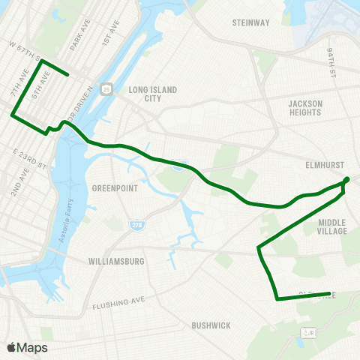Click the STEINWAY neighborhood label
click(x=251, y=22)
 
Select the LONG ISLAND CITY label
click(x=153, y=94)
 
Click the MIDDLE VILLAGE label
click(x=332, y=226)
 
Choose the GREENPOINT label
click(x=115, y=188)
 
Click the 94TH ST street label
click(x=330, y=62)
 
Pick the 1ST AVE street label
click(x=114, y=34)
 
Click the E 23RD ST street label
click(x=31, y=159)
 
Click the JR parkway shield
click(x=307, y=331)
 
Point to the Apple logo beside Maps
click(x=11, y=347)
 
